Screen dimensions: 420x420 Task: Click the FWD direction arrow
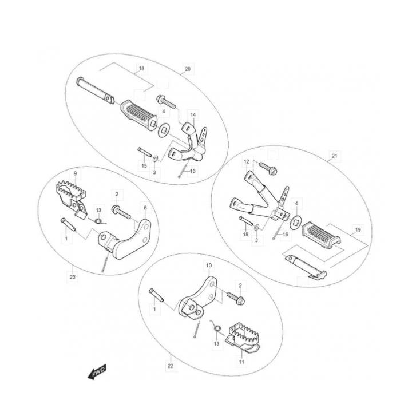point(97,371)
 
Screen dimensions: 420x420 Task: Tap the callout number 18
point(141,68)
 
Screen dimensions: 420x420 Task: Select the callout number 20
point(188,69)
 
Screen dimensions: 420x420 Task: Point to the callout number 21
point(335,156)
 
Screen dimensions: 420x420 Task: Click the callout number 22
point(171,366)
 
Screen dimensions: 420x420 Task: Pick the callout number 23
point(73,277)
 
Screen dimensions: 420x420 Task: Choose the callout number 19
point(358,229)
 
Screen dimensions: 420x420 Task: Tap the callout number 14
point(193,115)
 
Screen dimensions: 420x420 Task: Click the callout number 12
point(247,161)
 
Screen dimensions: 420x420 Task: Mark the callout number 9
point(76,173)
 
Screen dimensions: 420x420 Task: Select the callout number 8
point(145,208)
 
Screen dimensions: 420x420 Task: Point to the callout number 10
point(209,265)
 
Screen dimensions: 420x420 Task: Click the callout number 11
point(241,362)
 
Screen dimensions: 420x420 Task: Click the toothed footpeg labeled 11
point(243,338)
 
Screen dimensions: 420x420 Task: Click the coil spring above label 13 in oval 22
point(216,327)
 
